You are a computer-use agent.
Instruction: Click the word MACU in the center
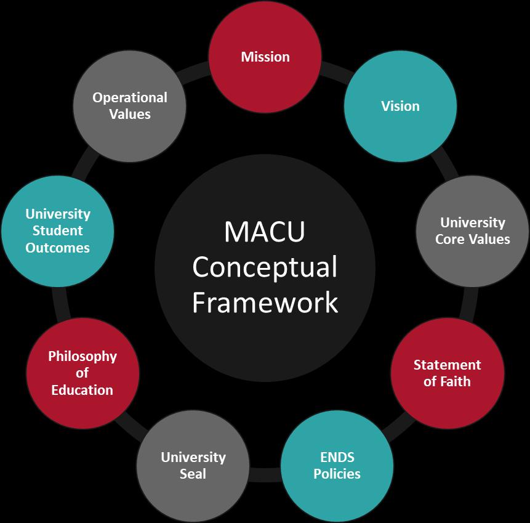(265, 232)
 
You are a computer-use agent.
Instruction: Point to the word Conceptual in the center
(265, 267)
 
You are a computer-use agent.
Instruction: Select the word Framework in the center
(265, 302)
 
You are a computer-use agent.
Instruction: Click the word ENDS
(337, 458)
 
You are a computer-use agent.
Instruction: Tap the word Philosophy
(82, 357)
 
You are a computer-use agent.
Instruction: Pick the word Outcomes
(57, 248)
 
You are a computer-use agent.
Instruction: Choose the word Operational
(130, 98)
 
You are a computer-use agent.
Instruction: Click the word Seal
(193, 474)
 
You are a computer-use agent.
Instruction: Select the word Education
(82, 390)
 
